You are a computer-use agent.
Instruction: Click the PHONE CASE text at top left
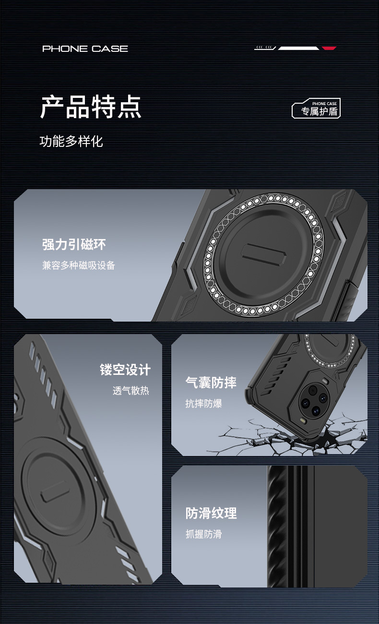85,48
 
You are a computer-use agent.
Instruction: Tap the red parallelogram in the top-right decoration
329,48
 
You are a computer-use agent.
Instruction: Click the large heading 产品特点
91,107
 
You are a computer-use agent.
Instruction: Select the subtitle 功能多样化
71,141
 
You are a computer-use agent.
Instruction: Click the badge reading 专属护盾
317,109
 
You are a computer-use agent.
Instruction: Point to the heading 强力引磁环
74,244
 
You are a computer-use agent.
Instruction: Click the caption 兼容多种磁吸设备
79,265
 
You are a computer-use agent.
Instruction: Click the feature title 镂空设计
125,370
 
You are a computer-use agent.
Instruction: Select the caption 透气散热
131,391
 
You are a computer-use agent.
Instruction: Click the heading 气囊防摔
211,383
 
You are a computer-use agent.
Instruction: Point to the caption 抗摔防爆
204,403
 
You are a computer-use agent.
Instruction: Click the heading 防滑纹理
211,513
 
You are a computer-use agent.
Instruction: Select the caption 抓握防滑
204,534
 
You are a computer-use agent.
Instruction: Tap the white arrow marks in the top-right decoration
265,48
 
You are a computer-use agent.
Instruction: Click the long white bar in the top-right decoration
298,48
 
